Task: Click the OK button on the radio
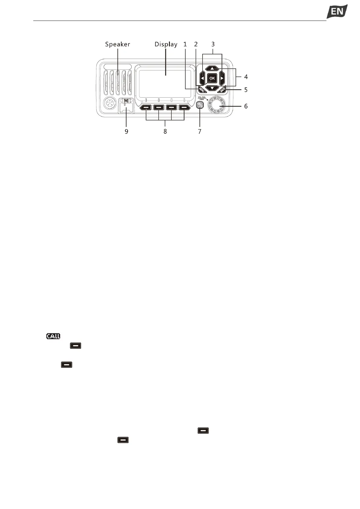[212, 78]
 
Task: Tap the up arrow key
[212, 69]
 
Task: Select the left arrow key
[202, 78]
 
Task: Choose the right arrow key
[222, 78]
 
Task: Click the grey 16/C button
[200, 105]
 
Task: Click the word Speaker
[118, 44]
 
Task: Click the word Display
[166, 44]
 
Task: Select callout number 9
[126, 131]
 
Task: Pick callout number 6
[246, 106]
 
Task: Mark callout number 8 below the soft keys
[165, 131]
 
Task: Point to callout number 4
[246, 77]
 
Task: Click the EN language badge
[337, 12]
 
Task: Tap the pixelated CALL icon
[53, 336]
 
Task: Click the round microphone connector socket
[109, 104]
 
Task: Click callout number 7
[199, 131]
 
